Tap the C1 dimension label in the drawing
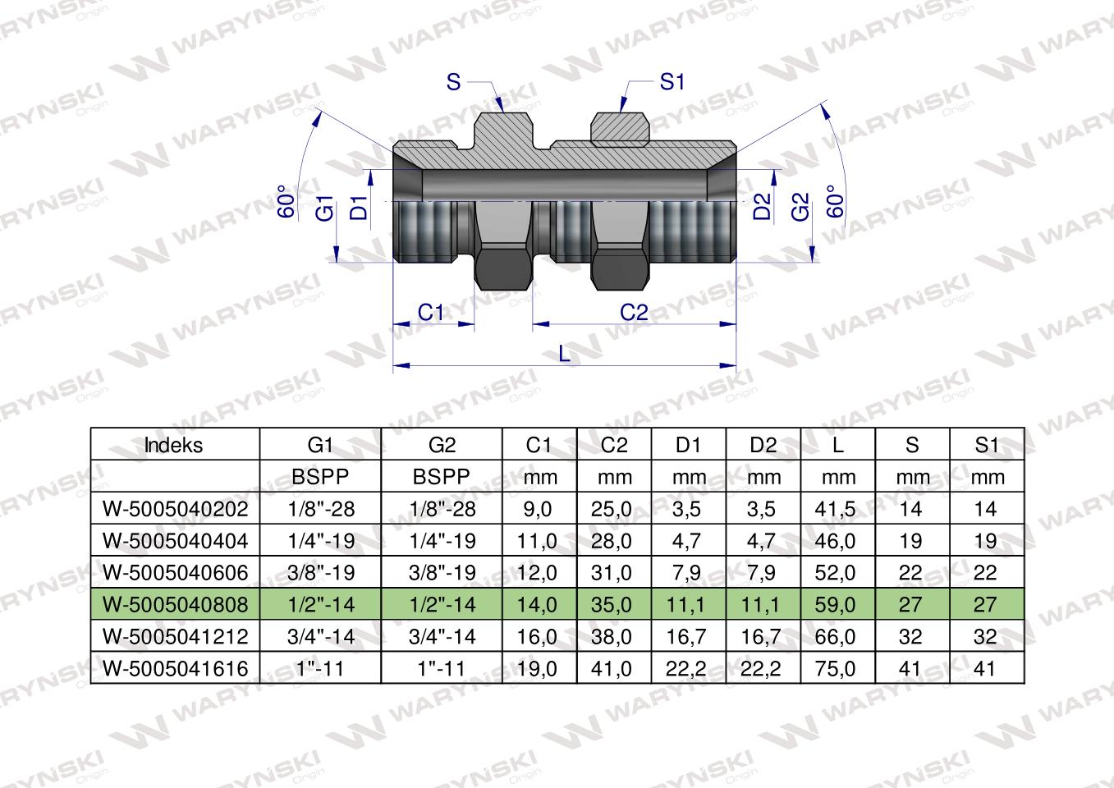pos(431,312)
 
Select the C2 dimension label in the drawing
pos(633,312)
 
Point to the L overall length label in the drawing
pos(564,353)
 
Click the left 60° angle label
pos(286,201)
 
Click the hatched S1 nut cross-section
pos(620,127)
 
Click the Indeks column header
pos(173,445)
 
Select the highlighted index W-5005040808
pos(174,605)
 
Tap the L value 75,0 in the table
pos(837,668)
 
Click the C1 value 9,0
pos(539,509)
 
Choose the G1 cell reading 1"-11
pos(320,668)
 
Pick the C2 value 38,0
pos(612,637)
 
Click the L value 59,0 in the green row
pos(837,605)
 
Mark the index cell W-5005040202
pos(174,509)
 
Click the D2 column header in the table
pos(763,445)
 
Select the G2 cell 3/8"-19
pos(442,573)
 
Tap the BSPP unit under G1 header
pos(320,477)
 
